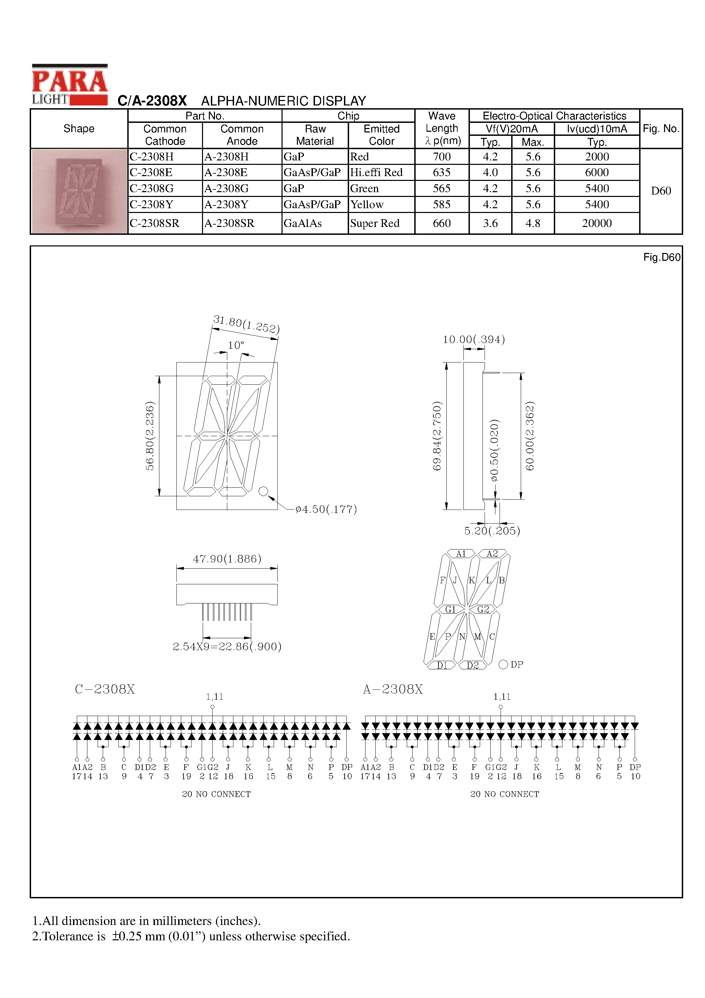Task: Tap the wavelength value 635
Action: coord(442,173)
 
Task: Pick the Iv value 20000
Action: coord(597,223)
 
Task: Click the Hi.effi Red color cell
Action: coord(376,173)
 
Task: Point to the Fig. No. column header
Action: coord(661,129)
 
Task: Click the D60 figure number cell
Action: coord(661,191)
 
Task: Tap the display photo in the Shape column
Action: coord(79,191)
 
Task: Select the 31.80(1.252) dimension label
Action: coord(246,324)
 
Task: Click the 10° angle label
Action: coord(236,345)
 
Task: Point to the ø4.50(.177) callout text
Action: coord(326,509)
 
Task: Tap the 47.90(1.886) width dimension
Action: coord(227,558)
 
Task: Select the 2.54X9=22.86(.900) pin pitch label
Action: coord(227,646)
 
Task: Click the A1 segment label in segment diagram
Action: coord(461,554)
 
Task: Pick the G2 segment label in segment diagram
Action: coord(483,609)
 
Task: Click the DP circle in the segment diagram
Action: coord(503,665)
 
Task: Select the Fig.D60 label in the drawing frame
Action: coord(662,257)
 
